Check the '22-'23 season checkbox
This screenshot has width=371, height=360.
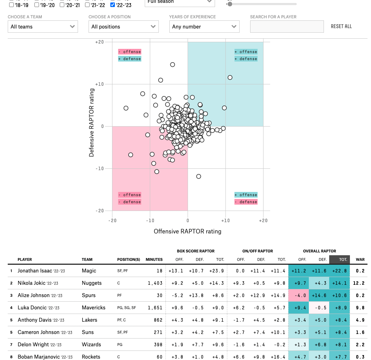(x=112, y=5)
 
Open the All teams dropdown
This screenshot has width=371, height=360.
(x=43, y=27)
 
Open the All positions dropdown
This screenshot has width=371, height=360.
(x=124, y=27)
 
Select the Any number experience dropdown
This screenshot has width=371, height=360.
(x=204, y=27)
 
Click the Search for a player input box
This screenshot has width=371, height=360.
(x=287, y=27)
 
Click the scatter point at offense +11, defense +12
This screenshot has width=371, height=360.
(x=230, y=77)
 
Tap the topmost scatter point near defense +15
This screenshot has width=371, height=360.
(x=173, y=65)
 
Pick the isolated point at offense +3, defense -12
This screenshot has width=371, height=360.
(x=198, y=176)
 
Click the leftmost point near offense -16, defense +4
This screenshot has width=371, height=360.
(x=126, y=108)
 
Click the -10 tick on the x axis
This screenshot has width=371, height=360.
(x=150, y=220)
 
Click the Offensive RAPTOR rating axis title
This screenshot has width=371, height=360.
(x=188, y=231)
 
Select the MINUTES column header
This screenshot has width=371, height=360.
(x=154, y=259)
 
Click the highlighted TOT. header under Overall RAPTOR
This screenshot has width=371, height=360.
(x=339, y=259)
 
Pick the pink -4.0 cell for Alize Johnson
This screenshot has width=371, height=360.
(x=298, y=295)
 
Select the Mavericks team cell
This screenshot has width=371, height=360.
(x=93, y=308)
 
